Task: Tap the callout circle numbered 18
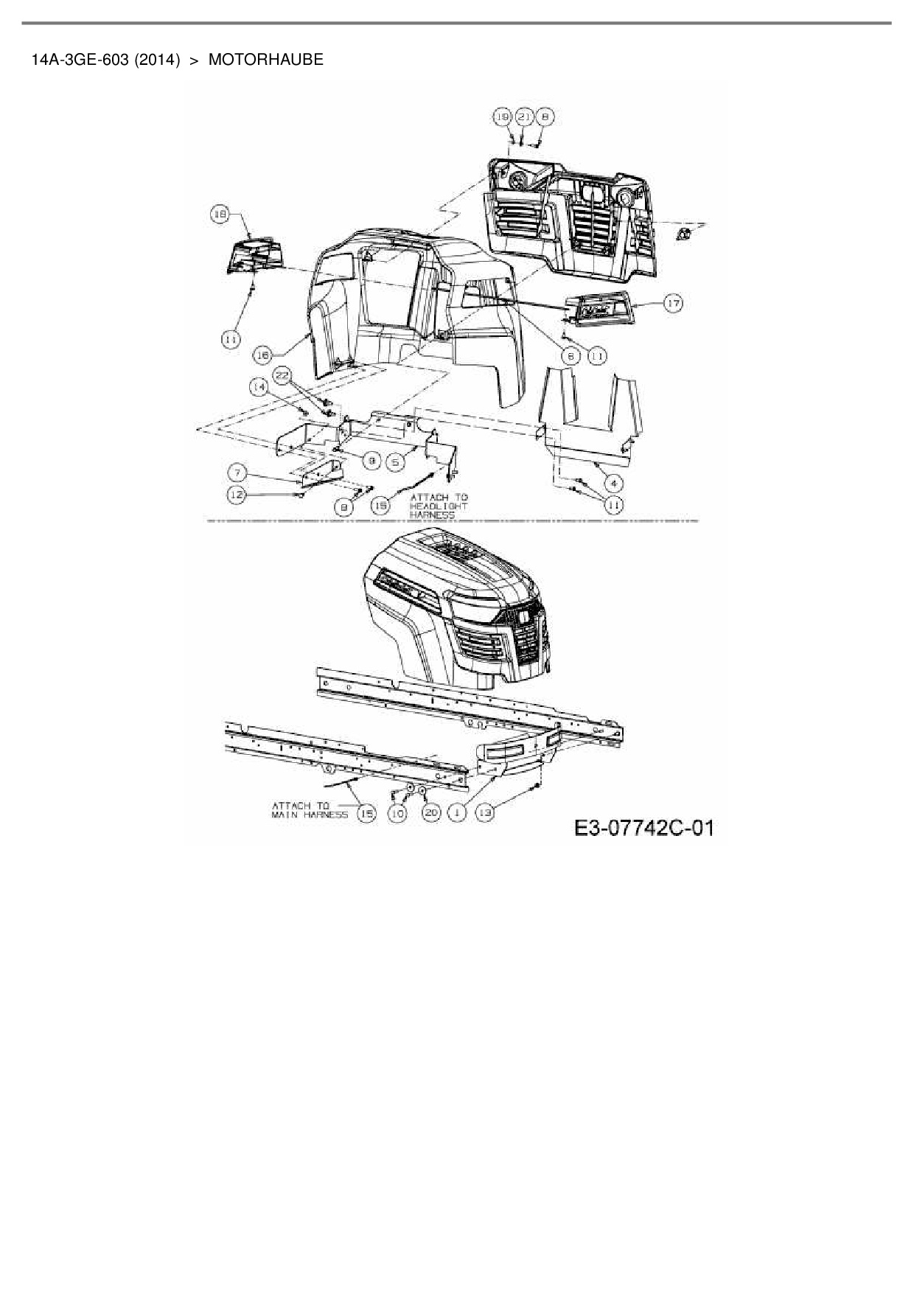pyautogui.click(x=220, y=214)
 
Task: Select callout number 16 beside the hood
pyautogui.click(x=262, y=355)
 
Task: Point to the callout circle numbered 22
pyautogui.click(x=281, y=375)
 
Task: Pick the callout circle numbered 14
pyautogui.click(x=259, y=386)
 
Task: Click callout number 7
pyautogui.click(x=237, y=473)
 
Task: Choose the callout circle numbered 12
pyautogui.click(x=237, y=496)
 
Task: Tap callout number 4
pyautogui.click(x=613, y=484)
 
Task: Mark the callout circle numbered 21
pyautogui.click(x=523, y=116)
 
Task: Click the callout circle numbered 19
pyautogui.click(x=502, y=116)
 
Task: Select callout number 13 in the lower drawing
pyautogui.click(x=485, y=812)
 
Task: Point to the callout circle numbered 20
pyautogui.click(x=431, y=812)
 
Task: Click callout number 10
pyautogui.click(x=397, y=813)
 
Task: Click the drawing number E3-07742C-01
pyautogui.click(x=644, y=829)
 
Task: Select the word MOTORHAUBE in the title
pyautogui.click(x=265, y=60)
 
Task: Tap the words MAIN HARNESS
pyautogui.click(x=309, y=815)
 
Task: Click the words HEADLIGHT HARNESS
pyautogui.click(x=439, y=510)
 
